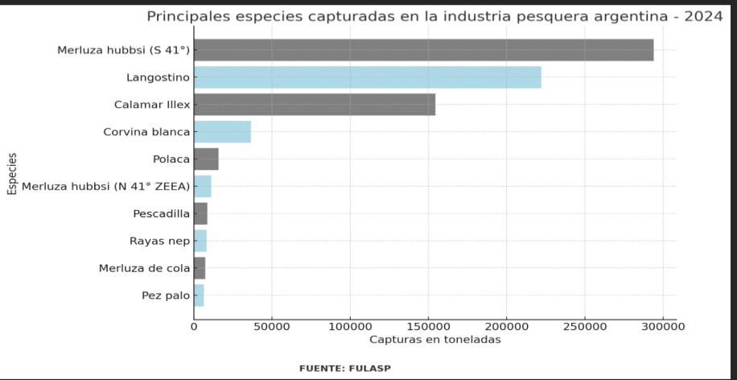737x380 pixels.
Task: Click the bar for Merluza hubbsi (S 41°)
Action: click(423, 50)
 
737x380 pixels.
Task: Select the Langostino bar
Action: click(367, 77)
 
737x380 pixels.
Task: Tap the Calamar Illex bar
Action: click(315, 105)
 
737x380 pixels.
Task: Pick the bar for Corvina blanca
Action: click(222, 131)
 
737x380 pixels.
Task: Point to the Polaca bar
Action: click(206, 159)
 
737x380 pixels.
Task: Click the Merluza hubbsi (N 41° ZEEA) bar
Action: click(203, 186)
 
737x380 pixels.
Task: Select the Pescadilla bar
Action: click(200, 213)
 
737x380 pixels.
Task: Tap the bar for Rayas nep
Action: click(200, 241)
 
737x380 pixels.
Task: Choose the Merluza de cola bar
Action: click(200, 268)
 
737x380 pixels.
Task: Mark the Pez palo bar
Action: click(199, 295)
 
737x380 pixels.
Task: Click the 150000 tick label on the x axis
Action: click(428, 327)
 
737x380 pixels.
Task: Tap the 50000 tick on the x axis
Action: click(272, 327)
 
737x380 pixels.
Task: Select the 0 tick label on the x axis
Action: click(194, 327)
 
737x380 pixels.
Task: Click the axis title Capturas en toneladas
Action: click(434, 340)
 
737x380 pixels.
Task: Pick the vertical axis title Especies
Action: click(12, 173)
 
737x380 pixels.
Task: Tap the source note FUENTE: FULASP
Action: click(345, 368)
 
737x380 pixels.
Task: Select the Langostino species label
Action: click(158, 77)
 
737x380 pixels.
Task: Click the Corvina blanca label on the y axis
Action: click(146, 131)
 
